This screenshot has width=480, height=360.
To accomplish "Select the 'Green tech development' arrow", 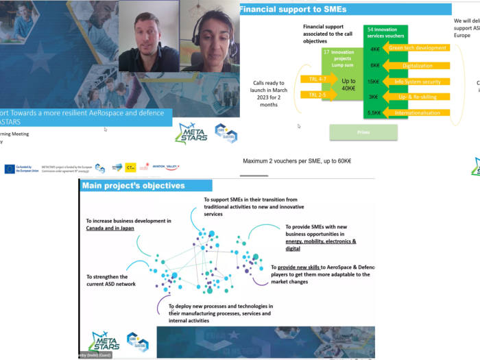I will tap(418, 48).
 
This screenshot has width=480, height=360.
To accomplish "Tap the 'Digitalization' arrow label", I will tap(418, 66).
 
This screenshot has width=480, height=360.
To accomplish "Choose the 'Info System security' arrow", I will tap(418, 82).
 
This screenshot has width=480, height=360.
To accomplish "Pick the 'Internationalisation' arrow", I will tap(418, 112).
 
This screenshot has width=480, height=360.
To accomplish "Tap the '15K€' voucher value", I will tap(375, 82).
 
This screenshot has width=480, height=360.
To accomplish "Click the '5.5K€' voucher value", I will tap(375, 112).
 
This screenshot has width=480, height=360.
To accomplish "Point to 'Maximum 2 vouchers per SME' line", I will tap(297, 161).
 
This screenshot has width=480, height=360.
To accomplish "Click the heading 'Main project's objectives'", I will tap(133, 185).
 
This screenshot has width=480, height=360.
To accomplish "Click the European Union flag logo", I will tap(10, 169).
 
